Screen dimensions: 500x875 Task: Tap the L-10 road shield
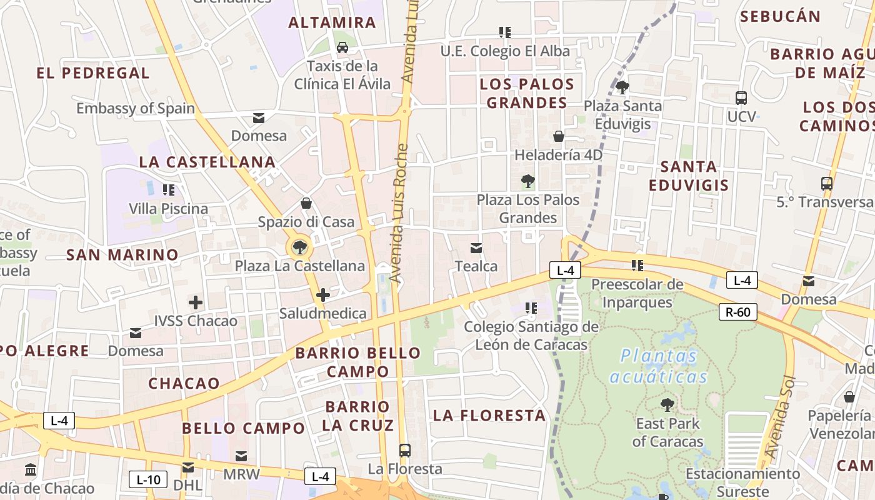click(x=148, y=479)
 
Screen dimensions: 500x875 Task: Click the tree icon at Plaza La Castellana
click(x=300, y=247)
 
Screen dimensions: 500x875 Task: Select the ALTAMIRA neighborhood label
click(x=332, y=23)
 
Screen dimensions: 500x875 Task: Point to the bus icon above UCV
click(x=741, y=97)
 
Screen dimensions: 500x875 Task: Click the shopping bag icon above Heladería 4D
click(x=559, y=136)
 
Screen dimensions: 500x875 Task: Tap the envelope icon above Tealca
click(x=476, y=248)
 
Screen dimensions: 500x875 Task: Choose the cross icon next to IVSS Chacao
click(x=196, y=303)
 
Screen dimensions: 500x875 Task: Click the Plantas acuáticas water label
click(x=659, y=366)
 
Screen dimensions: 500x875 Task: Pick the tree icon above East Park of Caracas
click(x=667, y=404)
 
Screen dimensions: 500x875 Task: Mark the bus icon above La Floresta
click(x=404, y=450)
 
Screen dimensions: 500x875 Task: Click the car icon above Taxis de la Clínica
click(x=342, y=47)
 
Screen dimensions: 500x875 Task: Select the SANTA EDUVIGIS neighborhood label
click(x=689, y=176)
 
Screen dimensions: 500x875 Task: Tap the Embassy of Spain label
click(x=136, y=108)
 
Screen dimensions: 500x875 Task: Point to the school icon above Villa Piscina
click(x=168, y=189)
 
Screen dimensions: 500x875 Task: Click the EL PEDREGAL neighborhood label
click(x=93, y=73)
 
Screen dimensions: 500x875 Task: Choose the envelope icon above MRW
click(x=241, y=456)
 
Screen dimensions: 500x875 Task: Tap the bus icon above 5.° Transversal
click(x=827, y=184)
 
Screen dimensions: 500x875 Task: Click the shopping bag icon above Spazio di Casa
click(x=306, y=203)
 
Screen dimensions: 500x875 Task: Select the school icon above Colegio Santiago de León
click(x=531, y=307)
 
